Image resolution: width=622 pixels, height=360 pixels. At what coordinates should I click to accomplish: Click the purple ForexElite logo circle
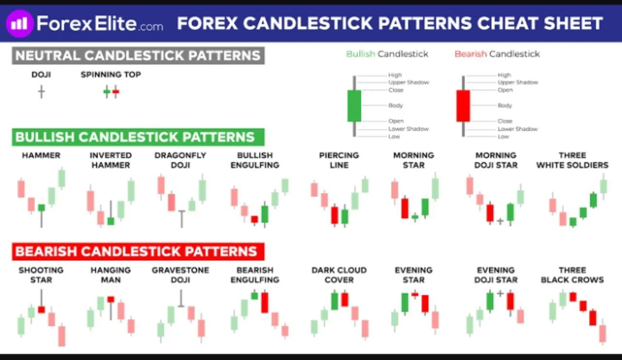(19, 24)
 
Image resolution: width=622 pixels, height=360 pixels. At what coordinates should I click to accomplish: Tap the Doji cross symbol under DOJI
(41, 92)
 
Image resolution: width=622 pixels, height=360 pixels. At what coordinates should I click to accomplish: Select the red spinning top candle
(116, 92)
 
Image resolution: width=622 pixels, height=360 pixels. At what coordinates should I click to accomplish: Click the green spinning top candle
(106, 92)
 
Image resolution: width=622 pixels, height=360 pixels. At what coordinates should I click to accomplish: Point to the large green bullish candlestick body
(354, 106)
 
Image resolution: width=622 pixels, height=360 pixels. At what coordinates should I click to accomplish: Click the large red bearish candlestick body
(463, 106)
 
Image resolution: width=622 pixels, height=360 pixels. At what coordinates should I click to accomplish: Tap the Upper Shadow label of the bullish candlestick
(409, 83)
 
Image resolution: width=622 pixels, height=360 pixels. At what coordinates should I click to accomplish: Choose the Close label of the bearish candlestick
(505, 121)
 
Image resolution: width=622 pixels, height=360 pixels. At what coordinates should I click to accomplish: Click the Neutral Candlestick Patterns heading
(138, 55)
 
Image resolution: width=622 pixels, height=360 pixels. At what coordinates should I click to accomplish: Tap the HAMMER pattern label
(41, 155)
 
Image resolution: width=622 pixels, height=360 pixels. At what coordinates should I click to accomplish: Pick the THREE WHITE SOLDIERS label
(572, 160)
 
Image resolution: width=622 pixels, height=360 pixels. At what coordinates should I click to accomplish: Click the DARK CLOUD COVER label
(339, 275)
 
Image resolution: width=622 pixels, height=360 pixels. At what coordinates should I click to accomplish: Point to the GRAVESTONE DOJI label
(180, 275)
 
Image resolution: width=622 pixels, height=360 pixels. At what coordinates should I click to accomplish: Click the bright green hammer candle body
(41, 207)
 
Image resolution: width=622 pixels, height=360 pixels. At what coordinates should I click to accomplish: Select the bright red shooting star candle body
(41, 309)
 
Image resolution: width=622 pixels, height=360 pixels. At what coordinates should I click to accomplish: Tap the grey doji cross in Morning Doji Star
(500, 221)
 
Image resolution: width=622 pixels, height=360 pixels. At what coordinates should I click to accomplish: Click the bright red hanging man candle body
(111, 299)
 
